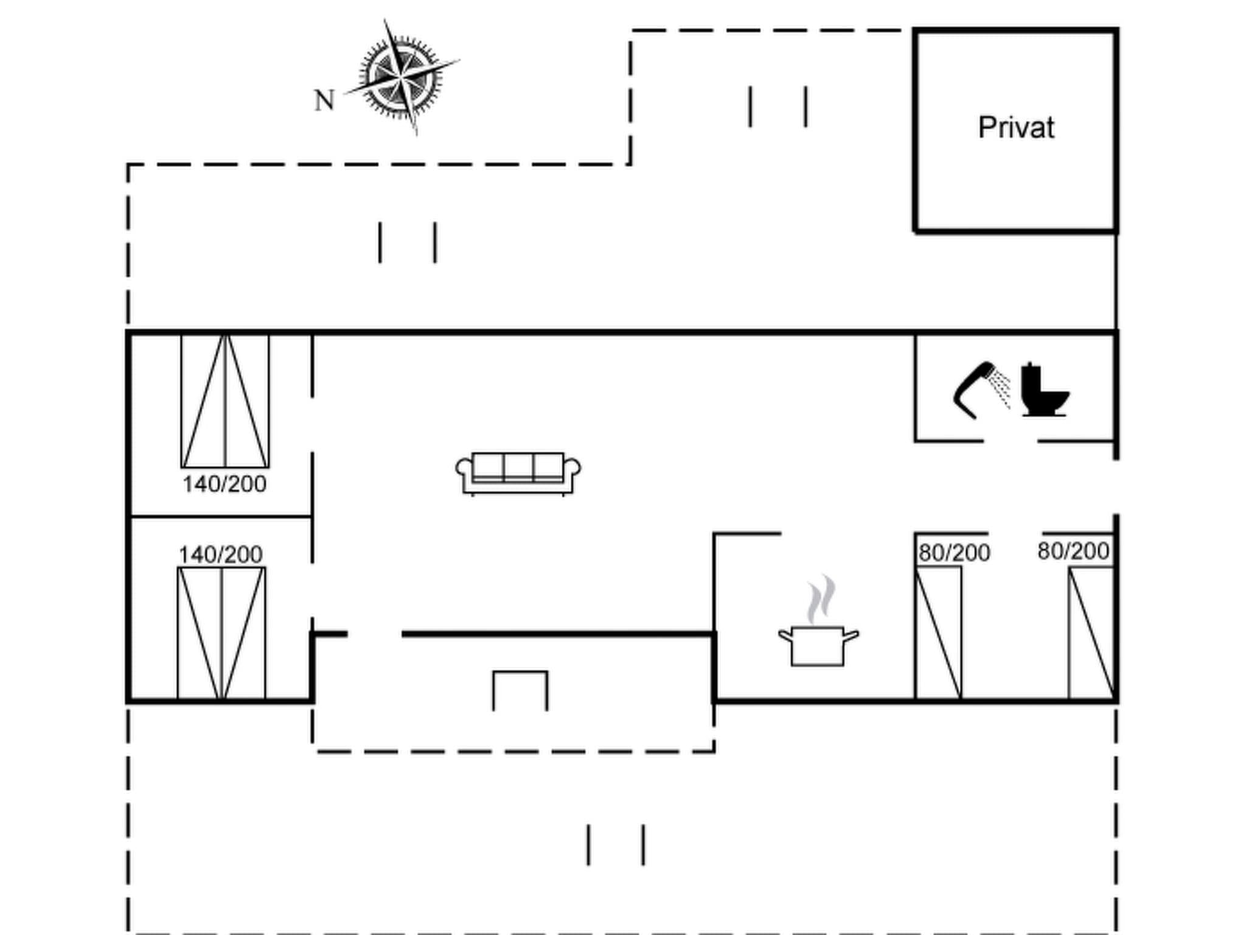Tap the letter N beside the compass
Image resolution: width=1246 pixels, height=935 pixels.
(x=324, y=100)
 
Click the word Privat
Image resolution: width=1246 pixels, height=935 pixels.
(x=1016, y=128)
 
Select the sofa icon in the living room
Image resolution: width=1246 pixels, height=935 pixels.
(x=518, y=473)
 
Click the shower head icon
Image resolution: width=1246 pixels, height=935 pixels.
(x=973, y=390)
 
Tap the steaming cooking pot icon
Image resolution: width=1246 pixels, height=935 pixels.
(x=818, y=645)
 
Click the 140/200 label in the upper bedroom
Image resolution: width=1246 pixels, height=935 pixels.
(x=224, y=485)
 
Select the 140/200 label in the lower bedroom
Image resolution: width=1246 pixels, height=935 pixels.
(x=221, y=555)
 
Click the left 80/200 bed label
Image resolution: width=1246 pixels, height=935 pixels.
(x=954, y=553)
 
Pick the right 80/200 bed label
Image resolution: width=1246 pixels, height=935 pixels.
(x=1073, y=551)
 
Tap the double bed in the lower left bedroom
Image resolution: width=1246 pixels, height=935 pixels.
(x=221, y=633)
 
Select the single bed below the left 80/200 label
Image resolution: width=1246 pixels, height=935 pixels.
(x=939, y=633)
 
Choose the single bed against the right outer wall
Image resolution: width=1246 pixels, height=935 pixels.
(x=1091, y=633)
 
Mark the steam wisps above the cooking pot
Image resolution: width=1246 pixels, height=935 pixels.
(x=821, y=600)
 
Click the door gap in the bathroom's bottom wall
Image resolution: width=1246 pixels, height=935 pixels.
(x=1011, y=441)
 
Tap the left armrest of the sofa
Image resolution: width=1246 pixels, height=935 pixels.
(x=464, y=469)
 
